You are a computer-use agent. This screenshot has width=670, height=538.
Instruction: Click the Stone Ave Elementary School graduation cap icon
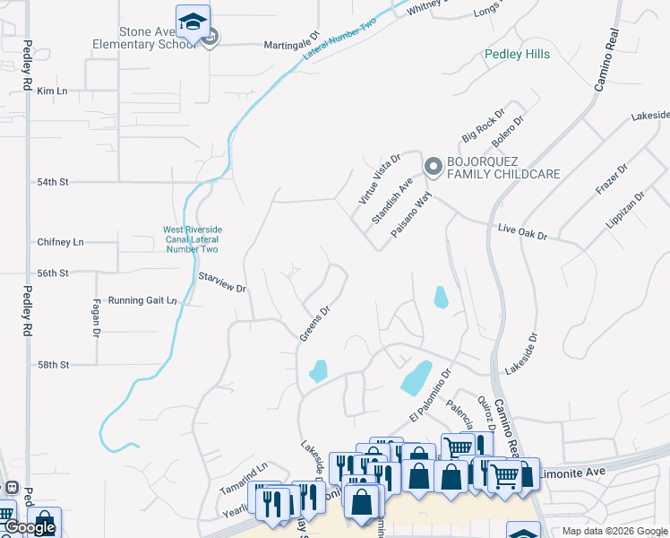[x=193, y=22]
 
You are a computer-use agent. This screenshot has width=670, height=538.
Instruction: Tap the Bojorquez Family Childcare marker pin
[x=434, y=166]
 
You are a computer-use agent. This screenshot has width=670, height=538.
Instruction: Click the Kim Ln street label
[x=52, y=91]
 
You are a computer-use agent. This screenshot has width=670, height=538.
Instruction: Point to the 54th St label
[x=52, y=181]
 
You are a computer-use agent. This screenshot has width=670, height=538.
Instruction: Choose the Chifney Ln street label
[x=60, y=242]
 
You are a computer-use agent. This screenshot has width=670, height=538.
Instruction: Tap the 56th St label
[x=53, y=273]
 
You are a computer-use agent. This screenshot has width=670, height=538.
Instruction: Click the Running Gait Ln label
[x=142, y=300]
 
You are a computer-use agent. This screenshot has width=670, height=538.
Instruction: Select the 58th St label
[x=53, y=365]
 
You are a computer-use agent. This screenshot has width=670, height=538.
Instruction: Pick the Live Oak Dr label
[x=522, y=233]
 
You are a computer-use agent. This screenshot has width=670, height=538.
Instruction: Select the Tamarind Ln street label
[x=244, y=480]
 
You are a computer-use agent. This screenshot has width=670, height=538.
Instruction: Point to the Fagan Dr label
[x=96, y=318]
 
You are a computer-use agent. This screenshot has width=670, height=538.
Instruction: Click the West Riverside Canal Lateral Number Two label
[x=191, y=239]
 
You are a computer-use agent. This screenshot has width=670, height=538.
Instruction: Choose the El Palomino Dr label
[x=431, y=394]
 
